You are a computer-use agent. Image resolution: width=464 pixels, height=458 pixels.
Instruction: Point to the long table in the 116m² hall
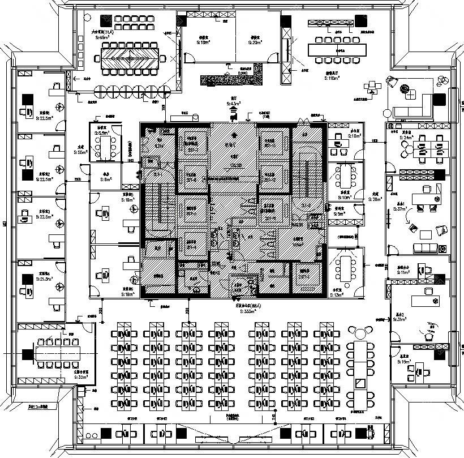point(338,50)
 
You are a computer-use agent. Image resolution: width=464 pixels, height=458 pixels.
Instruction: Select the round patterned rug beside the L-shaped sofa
point(405,88)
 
